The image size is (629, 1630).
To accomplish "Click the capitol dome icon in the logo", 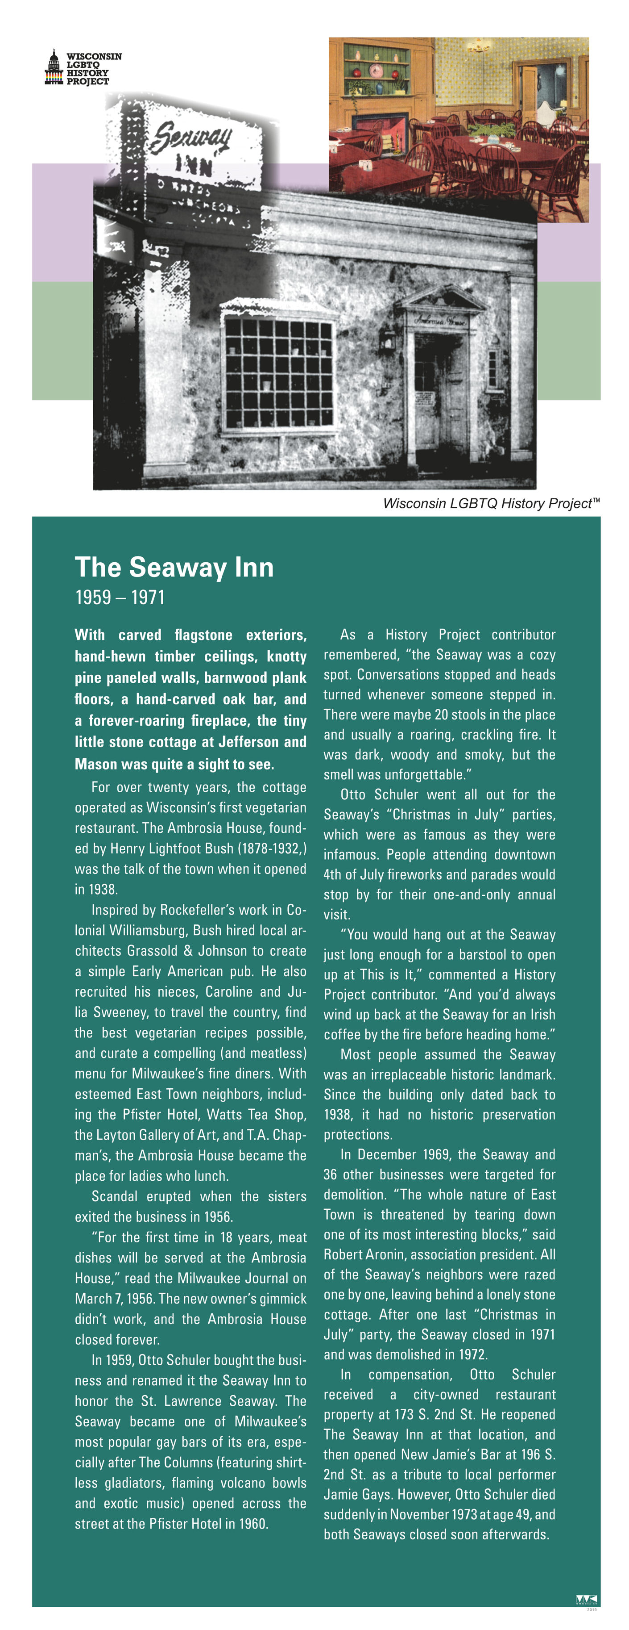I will pyautogui.click(x=54, y=68).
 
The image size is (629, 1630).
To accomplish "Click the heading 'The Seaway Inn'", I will pyautogui.click(x=174, y=568).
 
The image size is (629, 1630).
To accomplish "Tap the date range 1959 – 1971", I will pyautogui.click(x=120, y=598).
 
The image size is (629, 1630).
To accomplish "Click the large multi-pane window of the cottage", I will pyautogui.click(x=278, y=373).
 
